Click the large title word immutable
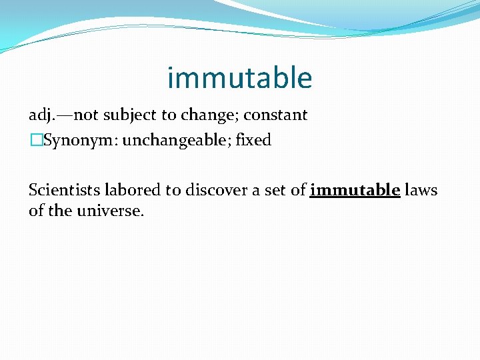coord(239,78)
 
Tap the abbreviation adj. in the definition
coord(42,115)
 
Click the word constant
coord(275,115)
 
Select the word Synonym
coord(71,141)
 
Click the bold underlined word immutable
coord(355,190)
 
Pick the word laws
coord(421,190)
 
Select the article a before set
coord(256,191)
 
